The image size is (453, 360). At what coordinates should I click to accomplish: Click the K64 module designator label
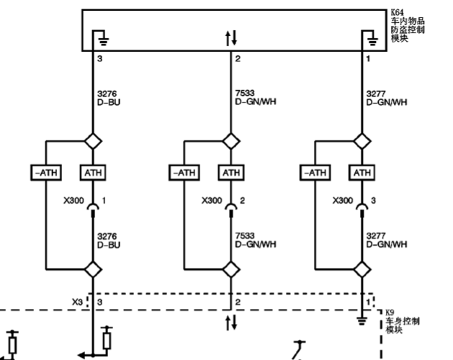(x=398, y=12)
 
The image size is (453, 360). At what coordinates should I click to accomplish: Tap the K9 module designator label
(x=390, y=312)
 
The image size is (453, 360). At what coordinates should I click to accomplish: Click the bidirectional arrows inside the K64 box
(x=231, y=38)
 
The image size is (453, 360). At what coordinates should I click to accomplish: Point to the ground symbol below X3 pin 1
(x=362, y=321)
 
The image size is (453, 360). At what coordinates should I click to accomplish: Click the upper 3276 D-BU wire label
(x=109, y=98)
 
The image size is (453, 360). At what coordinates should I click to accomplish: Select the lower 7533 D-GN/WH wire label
(x=256, y=240)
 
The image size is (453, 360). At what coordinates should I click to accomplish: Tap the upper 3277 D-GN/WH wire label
(x=387, y=98)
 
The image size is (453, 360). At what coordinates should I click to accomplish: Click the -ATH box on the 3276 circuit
(x=46, y=173)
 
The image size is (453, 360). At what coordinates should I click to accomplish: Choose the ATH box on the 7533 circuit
(x=231, y=173)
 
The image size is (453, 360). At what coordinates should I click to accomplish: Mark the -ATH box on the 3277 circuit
(x=315, y=173)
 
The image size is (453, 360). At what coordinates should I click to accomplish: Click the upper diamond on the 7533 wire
(x=231, y=141)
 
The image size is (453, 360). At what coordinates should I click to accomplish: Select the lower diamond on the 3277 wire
(x=362, y=269)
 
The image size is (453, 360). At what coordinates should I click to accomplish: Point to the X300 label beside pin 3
(x=343, y=200)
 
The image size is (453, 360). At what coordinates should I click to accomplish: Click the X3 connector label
(x=77, y=302)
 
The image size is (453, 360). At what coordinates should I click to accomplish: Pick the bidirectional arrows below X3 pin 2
(x=231, y=322)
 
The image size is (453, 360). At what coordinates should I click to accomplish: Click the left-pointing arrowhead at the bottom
(x=81, y=355)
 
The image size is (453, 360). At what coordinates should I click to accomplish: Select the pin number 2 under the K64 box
(x=238, y=58)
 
